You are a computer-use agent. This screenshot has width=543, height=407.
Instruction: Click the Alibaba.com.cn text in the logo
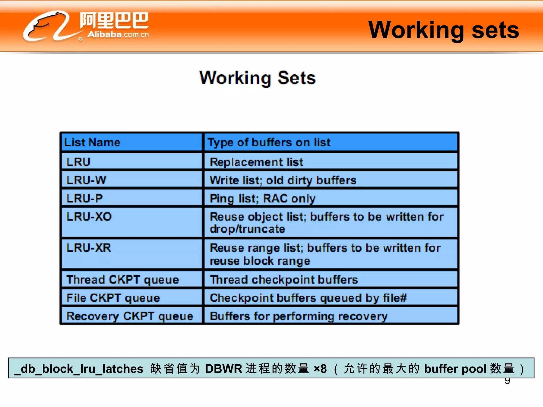click(x=118, y=34)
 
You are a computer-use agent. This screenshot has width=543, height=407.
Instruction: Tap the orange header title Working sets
click(x=443, y=30)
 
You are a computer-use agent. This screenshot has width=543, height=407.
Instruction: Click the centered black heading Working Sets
click(x=257, y=78)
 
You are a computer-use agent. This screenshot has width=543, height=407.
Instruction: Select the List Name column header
click(x=92, y=142)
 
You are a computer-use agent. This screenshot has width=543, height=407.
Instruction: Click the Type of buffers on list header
click(x=269, y=143)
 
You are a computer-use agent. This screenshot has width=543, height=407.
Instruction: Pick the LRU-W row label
click(x=86, y=180)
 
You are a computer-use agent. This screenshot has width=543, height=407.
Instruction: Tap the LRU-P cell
click(x=84, y=198)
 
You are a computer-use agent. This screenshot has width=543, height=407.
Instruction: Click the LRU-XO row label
click(x=89, y=217)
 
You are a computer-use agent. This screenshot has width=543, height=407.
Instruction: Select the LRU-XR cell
click(x=89, y=248)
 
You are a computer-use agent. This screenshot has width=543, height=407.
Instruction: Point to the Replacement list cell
click(x=256, y=162)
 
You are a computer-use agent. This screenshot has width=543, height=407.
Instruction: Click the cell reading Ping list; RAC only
click(x=262, y=198)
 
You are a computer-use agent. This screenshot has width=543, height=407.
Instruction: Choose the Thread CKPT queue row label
click(x=122, y=280)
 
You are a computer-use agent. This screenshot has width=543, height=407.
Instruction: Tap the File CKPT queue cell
click(x=113, y=298)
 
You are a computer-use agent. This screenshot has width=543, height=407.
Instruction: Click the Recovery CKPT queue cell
click(x=130, y=316)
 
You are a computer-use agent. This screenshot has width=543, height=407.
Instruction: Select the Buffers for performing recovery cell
click(x=299, y=316)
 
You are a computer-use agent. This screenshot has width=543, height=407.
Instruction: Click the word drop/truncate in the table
click(x=247, y=229)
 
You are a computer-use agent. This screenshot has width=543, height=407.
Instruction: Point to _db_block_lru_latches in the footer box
click(x=78, y=369)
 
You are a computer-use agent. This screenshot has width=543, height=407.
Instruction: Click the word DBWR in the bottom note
click(x=223, y=369)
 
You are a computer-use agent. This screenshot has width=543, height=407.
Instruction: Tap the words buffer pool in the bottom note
click(x=455, y=369)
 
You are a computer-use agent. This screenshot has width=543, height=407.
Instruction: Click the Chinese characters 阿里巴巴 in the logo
click(x=114, y=20)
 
